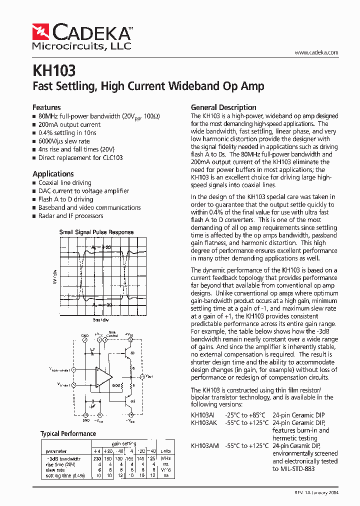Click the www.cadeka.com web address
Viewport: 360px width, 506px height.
point(316,52)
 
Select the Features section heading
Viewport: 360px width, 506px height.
point(46,107)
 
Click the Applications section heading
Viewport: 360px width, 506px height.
point(53,174)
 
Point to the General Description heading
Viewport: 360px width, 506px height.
point(223,107)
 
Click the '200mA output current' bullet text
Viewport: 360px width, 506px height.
point(69,124)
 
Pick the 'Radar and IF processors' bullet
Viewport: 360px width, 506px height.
point(70,216)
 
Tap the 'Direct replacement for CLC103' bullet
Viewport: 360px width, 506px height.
point(80,157)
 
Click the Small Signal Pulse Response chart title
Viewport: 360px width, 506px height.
point(96,232)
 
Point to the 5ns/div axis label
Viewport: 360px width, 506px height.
point(100,319)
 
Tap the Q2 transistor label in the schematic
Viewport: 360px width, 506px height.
point(132,400)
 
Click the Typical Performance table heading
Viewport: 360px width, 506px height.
point(68,433)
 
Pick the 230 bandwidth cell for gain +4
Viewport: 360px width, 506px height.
point(97,459)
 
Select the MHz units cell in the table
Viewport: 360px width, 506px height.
point(165,459)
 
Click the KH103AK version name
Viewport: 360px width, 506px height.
point(204,422)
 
